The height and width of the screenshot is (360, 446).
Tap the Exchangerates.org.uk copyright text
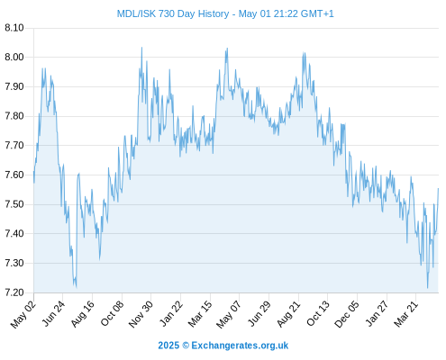click(223, 346)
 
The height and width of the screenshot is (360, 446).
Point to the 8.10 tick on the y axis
click(14, 28)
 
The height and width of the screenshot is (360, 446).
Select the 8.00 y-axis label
click(14, 57)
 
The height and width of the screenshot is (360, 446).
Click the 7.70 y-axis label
click(14, 146)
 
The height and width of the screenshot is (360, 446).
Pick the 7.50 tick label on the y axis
click(14, 204)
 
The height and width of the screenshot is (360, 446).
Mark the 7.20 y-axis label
click(14, 292)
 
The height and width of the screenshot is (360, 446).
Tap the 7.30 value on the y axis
click(14, 263)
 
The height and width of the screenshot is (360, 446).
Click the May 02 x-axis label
click(23, 314)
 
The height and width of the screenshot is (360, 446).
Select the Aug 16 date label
click(82, 313)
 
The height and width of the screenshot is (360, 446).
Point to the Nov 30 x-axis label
click(141, 314)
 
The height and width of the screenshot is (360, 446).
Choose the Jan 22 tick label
click(170, 313)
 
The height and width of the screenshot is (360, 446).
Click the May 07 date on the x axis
click(229, 314)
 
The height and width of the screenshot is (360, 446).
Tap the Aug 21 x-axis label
click(288, 313)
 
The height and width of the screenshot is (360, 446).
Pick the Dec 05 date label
click(346, 314)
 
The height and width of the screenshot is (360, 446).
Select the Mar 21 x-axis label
click(405, 313)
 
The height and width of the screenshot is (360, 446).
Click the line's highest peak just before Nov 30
click(141, 48)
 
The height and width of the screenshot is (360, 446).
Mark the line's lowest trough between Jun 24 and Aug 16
click(77, 288)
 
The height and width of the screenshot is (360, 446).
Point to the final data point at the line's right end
click(438, 188)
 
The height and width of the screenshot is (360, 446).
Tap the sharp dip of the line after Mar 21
click(428, 288)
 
